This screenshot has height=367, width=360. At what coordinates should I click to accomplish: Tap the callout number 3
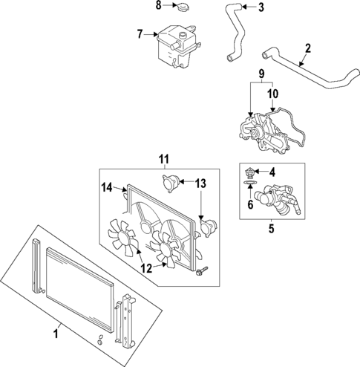[261, 8]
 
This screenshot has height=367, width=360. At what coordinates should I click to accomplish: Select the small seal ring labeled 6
[250, 182]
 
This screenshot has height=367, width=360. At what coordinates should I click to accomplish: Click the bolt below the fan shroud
[200, 276]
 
